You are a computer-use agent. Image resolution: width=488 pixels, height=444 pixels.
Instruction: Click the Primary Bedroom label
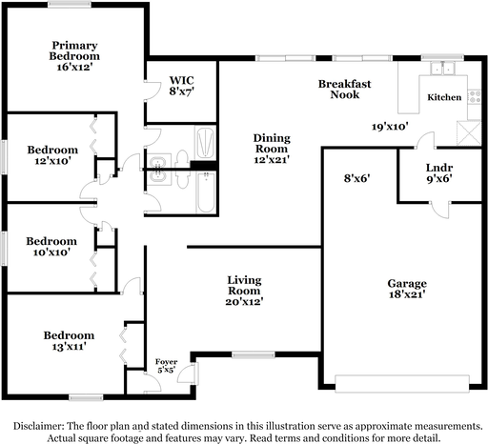(74, 56)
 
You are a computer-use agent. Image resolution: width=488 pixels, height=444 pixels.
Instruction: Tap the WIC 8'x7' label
(181, 86)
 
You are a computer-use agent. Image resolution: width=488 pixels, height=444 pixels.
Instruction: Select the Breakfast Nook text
(345, 90)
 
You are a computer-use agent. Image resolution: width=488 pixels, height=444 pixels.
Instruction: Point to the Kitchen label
(444, 97)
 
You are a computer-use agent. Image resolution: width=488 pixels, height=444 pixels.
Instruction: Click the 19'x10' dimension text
(390, 127)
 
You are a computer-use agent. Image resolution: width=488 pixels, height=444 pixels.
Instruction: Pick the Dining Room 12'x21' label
(272, 149)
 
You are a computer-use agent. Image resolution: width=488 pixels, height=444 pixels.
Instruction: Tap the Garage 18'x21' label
(407, 289)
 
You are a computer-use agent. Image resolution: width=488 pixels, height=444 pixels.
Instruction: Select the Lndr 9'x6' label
(439, 173)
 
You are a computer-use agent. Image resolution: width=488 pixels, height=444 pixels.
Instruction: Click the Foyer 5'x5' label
(166, 366)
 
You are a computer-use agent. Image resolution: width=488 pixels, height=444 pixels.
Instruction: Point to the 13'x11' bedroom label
(69, 341)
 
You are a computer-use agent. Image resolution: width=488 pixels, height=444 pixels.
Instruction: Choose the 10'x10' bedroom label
(51, 247)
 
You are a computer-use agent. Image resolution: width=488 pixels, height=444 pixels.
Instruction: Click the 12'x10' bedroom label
(52, 155)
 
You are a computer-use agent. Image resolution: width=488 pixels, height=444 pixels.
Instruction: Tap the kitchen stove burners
(475, 97)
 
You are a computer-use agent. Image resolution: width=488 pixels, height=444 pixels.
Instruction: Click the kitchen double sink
(442, 68)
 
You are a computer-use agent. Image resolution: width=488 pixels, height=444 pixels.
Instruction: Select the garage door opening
(402, 383)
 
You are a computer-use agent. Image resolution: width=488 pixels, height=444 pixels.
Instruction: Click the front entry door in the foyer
(188, 373)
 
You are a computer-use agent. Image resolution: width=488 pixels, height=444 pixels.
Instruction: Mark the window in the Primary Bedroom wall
(70, 5)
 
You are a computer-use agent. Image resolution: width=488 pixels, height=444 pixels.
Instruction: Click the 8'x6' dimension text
(356, 178)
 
